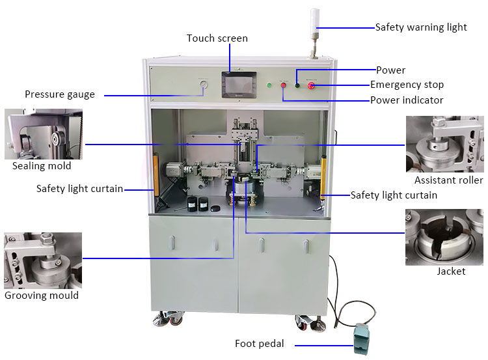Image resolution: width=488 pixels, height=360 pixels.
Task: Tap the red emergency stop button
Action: click(x=312, y=85)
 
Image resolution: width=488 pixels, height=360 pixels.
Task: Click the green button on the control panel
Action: click(x=269, y=85)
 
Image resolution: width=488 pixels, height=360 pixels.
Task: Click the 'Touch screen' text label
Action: click(x=217, y=38)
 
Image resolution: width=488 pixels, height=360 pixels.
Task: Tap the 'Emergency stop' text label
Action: click(x=407, y=85)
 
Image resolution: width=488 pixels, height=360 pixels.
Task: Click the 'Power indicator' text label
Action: click(x=407, y=100)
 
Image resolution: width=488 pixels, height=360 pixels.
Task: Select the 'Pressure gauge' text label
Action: click(x=60, y=94)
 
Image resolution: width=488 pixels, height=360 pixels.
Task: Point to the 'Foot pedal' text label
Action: click(x=259, y=344)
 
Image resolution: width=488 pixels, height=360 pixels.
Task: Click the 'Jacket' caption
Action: click(x=451, y=271)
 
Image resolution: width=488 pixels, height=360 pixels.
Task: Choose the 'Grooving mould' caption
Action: click(x=42, y=296)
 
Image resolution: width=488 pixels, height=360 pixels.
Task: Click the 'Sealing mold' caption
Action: click(x=42, y=166)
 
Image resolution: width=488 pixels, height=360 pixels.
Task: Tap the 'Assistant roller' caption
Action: click(x=448, y=180)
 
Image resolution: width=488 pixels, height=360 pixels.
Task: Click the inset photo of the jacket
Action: click(x=444, y=237)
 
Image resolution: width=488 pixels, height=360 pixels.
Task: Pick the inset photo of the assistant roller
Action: click(x=445, y=145)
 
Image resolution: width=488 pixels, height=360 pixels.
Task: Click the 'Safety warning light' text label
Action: click(x=421, y=27)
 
